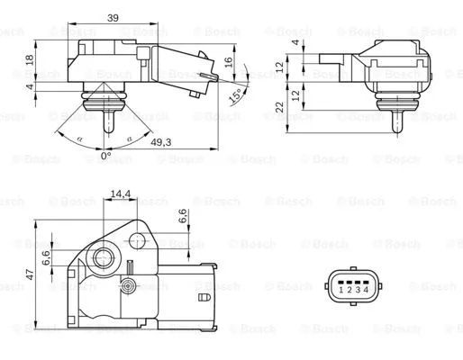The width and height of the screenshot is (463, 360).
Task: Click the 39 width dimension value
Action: coord(113,18)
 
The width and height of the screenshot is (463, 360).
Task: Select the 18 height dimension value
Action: coord(30,59)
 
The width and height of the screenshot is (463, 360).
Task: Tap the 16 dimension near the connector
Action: coord(229,62)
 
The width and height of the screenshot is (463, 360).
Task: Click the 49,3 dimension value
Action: coord(161,142)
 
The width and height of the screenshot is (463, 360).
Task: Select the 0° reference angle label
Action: coord(105,156)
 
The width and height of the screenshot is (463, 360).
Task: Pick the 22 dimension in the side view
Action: coord(279,107)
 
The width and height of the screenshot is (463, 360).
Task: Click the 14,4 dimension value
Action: coord(120,194)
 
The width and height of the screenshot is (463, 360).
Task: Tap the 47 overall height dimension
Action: coord(30,274)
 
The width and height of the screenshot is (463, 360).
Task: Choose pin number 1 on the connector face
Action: coord(340,290)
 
